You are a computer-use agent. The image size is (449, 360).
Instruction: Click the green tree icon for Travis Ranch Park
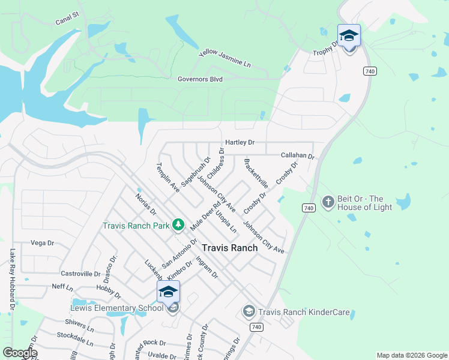coord(178,224)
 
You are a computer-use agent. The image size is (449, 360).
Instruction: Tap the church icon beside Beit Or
coord(328,202)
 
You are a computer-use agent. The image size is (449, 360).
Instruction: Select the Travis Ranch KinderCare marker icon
coord(249,311)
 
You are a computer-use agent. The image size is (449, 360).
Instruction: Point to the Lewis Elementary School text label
coord(117,308)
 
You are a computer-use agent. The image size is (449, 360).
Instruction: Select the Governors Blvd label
coord(200,79)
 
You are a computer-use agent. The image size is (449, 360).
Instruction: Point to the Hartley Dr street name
coord(240,143)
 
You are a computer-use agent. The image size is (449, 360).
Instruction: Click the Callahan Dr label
coord(298,155)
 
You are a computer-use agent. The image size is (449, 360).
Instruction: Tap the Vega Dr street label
coord(42,243)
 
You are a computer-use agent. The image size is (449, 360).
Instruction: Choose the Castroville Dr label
coord(80,274)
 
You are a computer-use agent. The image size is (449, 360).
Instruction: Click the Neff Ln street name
coord(62,287)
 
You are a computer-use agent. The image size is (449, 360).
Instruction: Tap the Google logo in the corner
coord(20,353)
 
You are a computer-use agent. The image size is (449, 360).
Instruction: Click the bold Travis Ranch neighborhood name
coord(229,248)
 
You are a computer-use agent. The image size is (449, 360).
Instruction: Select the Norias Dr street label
coord(145,204)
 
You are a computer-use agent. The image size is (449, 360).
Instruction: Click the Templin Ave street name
coord(168,177)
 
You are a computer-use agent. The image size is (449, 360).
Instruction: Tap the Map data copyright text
coord(412,355)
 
